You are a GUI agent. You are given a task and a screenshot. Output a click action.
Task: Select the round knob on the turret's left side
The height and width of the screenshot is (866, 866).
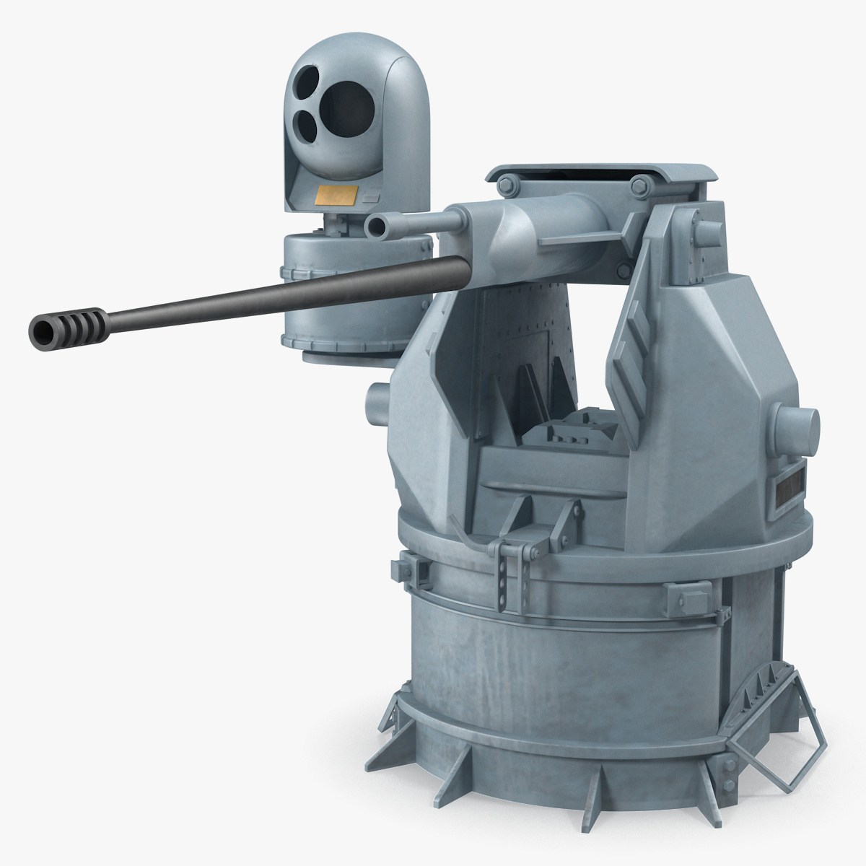coord(377,398)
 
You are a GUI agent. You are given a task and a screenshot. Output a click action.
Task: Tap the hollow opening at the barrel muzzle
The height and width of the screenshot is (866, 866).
coord(42,333)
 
